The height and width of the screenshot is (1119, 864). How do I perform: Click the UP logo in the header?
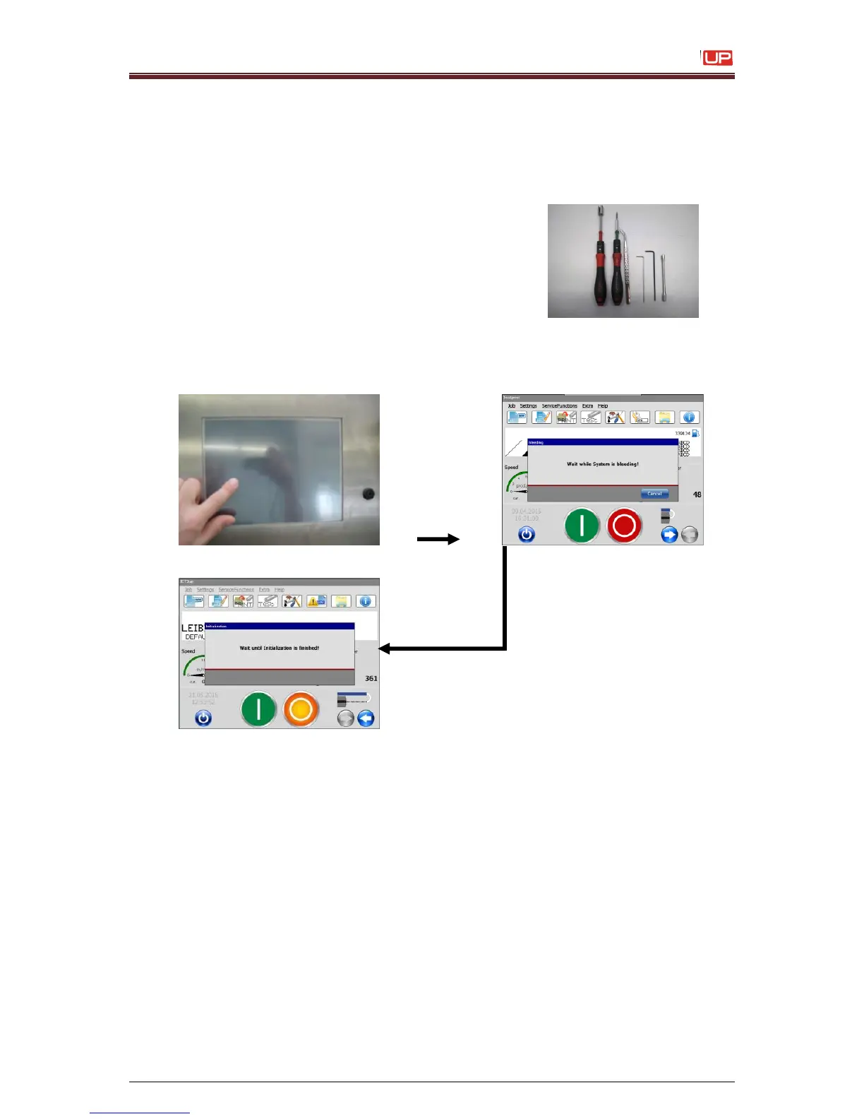[x=717, y=58]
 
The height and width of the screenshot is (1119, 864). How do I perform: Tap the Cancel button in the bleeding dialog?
[x=654, y=494]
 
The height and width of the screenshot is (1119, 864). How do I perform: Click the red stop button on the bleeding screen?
[x=625, y=526]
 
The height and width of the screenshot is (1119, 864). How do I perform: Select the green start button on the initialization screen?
[x=258, y=709]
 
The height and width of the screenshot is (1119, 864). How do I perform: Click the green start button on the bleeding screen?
[x=582, y=526]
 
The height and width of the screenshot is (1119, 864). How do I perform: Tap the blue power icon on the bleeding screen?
[x=527, y=535]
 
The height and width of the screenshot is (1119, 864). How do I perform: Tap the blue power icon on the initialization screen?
[x=203, y=718]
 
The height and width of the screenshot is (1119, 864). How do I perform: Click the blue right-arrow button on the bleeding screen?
[x=669, y=535]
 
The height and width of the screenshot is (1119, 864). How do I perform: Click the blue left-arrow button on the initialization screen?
[x=366, y=718]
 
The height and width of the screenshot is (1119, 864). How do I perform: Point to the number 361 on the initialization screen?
[x=371, y=678]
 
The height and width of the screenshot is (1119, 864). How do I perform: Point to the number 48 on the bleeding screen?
[x=697, y=495]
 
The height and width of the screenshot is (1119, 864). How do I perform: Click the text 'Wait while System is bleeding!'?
[x=602, y=464]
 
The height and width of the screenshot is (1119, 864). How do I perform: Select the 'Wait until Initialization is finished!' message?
[x=279, y=648]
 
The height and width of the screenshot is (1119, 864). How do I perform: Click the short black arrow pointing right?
[x=438, y=539]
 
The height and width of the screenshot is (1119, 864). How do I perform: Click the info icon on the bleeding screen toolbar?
[x=689, y=418]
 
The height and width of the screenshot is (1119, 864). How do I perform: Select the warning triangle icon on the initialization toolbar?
[x=316, y=601]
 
